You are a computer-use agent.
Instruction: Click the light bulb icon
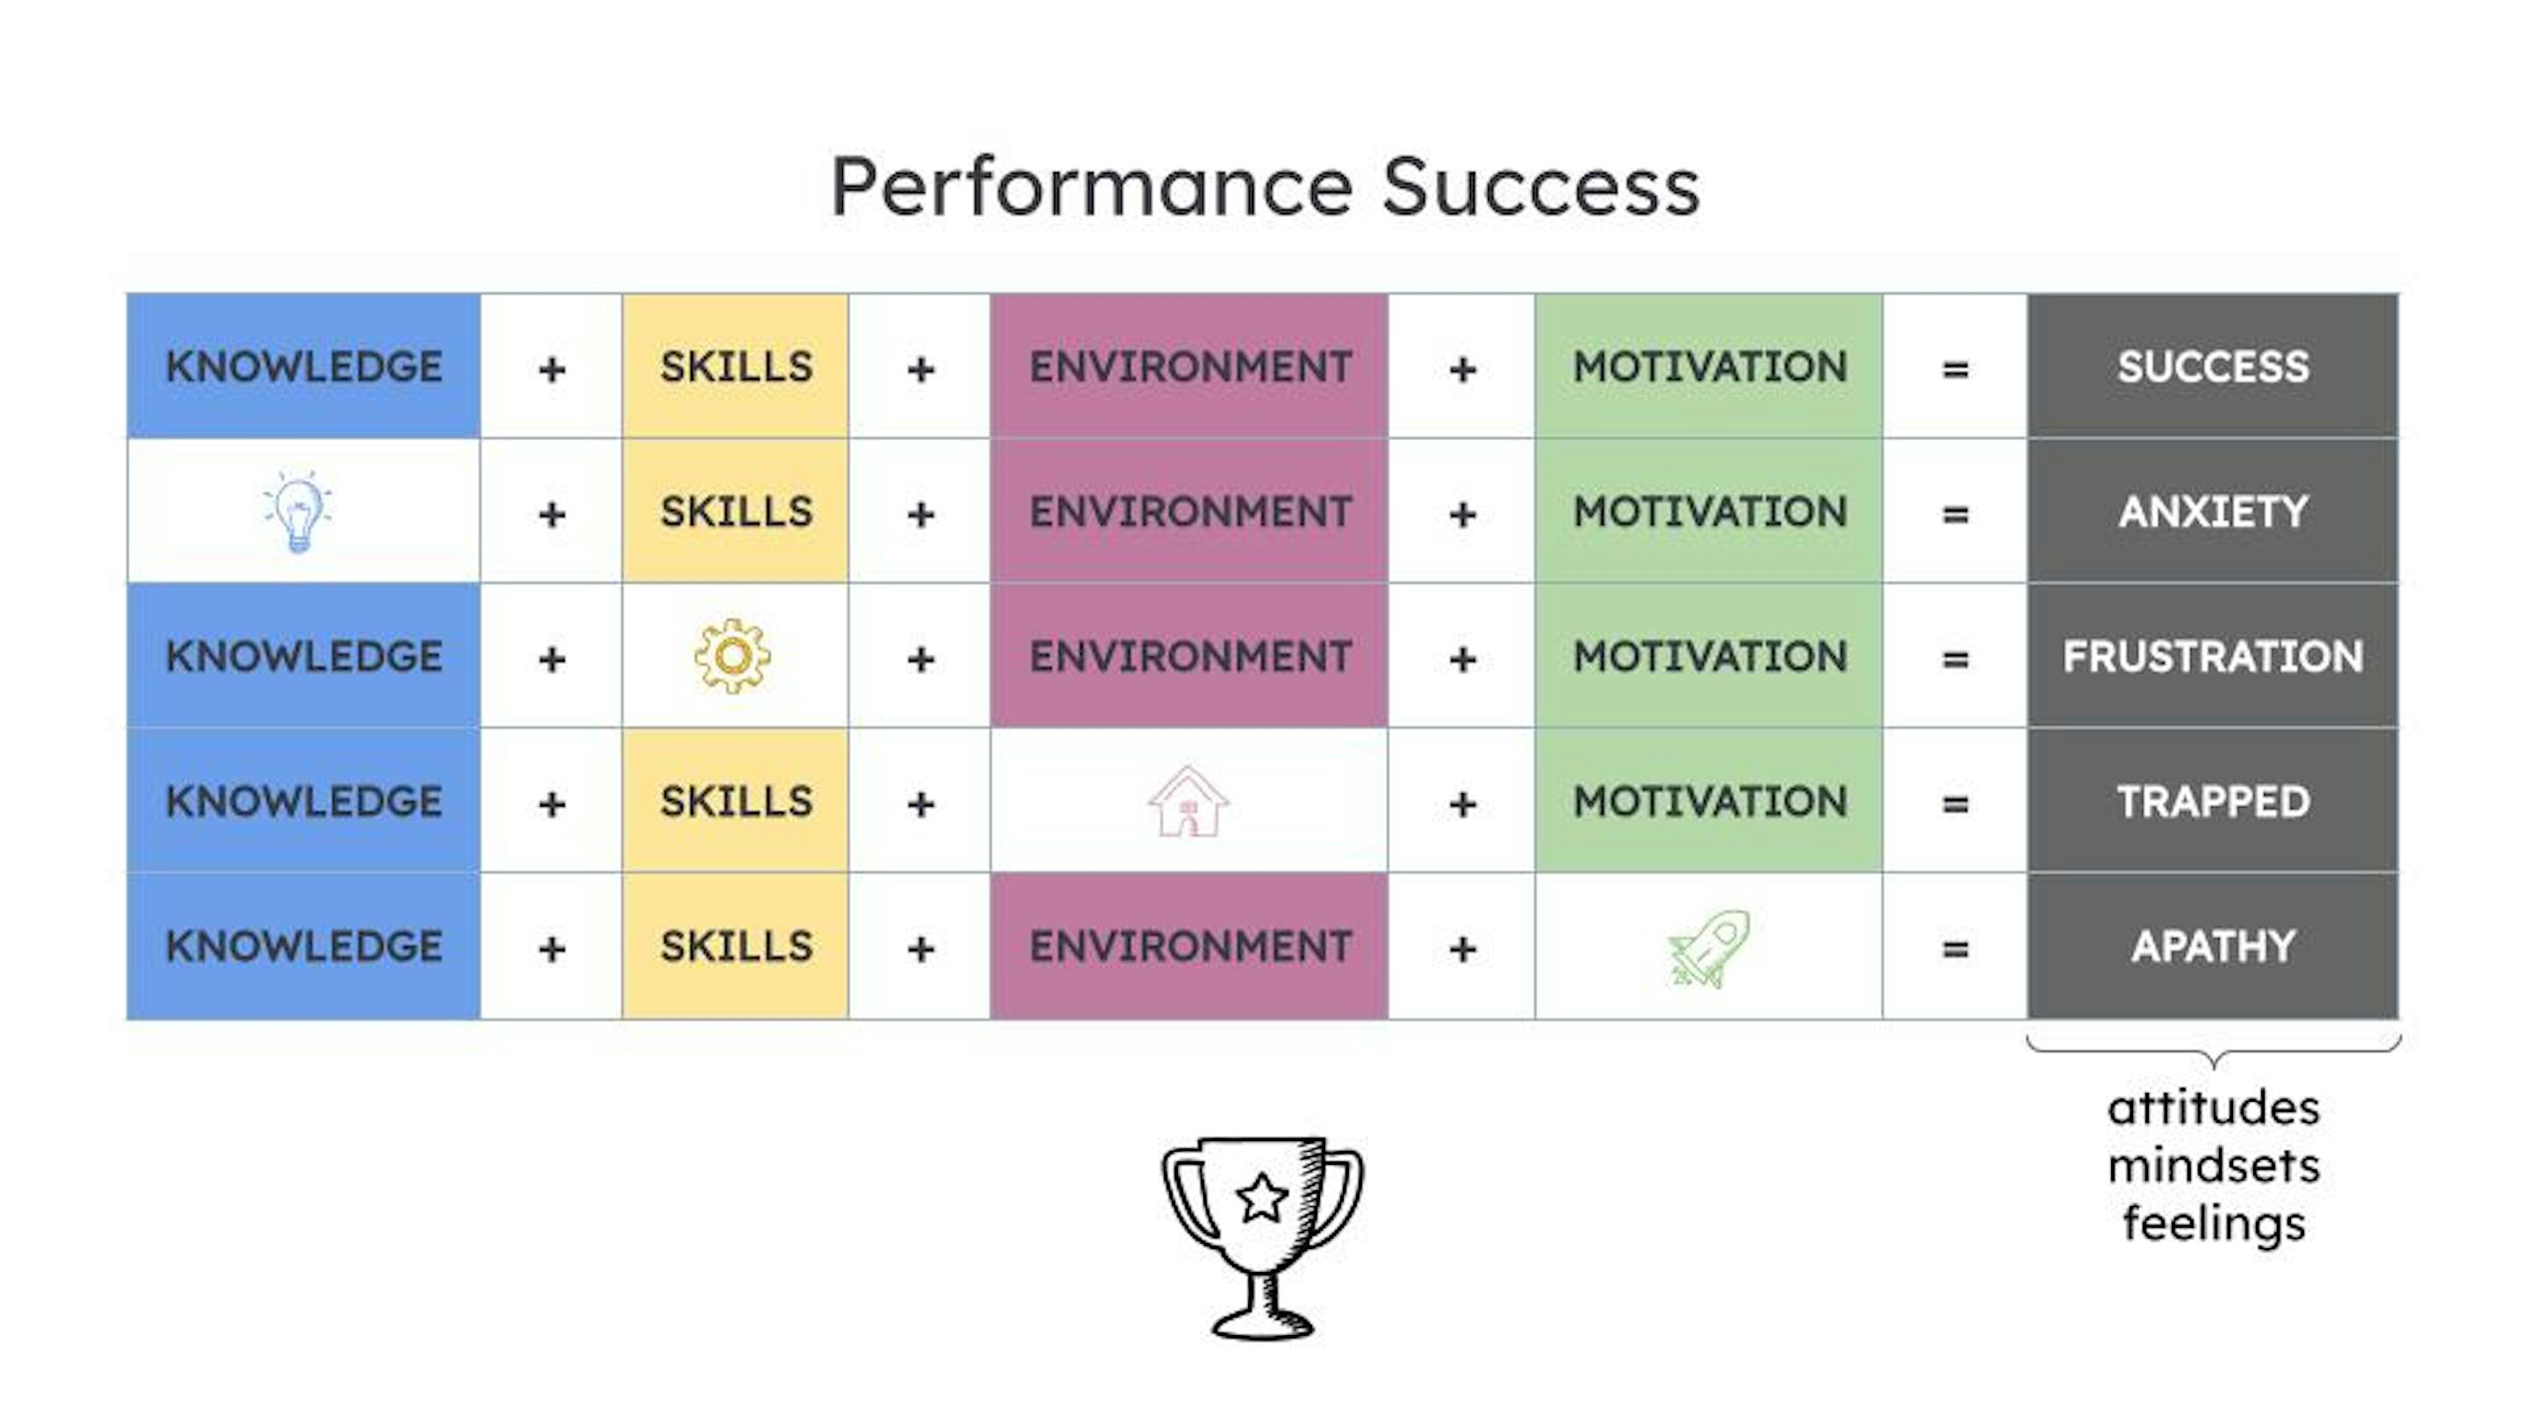(x=298, y=511)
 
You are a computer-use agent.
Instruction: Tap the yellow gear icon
(x=732, y=656)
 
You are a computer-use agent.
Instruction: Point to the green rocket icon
(x=1709, y=947)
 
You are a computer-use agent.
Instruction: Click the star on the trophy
(x=1262, y=1197)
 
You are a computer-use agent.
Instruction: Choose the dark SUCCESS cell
(x=2212, y=367)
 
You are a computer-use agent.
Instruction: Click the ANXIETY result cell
(x=2212, y=511)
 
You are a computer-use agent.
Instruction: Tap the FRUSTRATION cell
(x=2212, y=656)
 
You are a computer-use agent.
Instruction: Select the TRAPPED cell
(x=2212, y=801)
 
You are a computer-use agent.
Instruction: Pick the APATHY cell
(x=2212, y=946)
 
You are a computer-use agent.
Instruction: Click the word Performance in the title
(x=1092, y=188)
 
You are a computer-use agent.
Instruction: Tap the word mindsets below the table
(x=2213, y=1166)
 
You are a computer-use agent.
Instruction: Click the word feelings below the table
(x=2213, y=1225)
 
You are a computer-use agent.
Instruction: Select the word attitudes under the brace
(x=2213, y=1108)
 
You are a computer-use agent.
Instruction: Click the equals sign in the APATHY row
(x=1955, y=948)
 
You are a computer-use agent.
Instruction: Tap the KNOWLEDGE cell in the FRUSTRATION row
(x=304, y=656)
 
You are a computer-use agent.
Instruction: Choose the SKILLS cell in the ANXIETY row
(x=736, y=511)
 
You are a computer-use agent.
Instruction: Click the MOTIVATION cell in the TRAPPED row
(x=1709, y=801)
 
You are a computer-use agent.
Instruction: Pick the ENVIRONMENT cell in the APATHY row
(x=1189, y=946)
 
